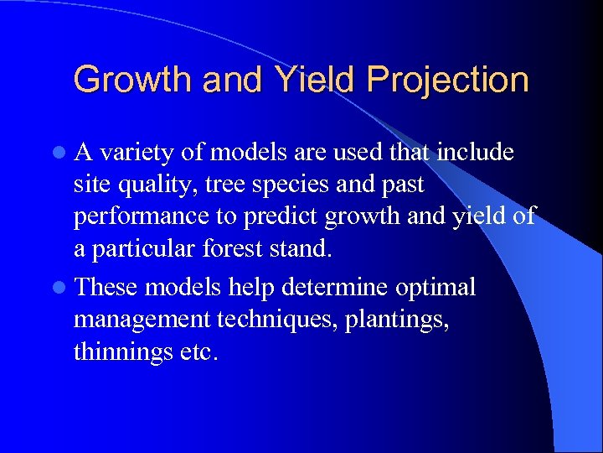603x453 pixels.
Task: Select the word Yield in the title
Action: click(313, 81)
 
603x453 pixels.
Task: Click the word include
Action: click(476, 153)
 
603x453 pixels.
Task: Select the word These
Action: click(106, 289)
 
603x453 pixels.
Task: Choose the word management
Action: click(142, 320)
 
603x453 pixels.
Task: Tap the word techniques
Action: click(284, 320)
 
